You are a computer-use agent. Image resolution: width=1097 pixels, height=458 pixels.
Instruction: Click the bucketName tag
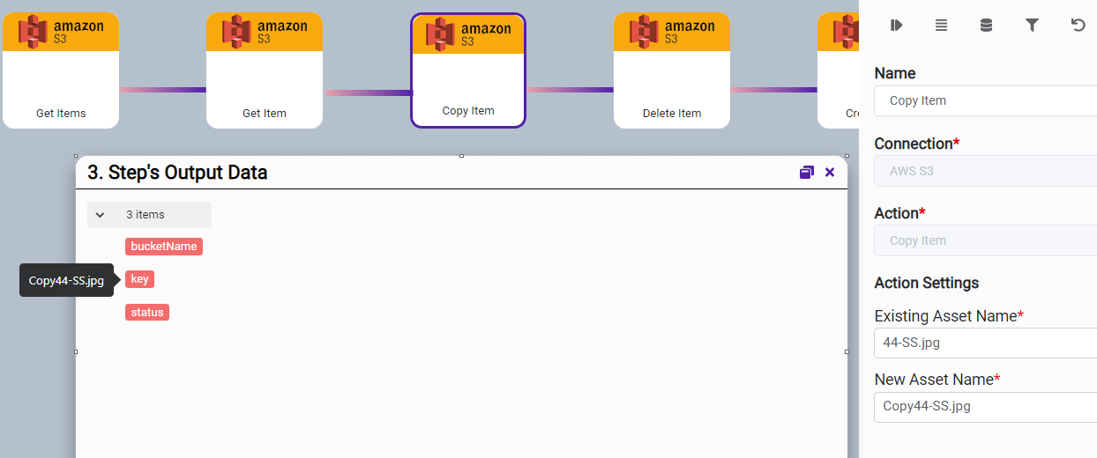click(x=164, y=247)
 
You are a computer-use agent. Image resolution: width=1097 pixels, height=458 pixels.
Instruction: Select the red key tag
click(x=139, y=279)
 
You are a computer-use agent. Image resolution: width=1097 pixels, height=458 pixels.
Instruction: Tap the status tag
click(x=147, y=313)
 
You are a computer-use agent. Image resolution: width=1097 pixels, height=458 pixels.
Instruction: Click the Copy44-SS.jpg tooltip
click(x=66, y=281)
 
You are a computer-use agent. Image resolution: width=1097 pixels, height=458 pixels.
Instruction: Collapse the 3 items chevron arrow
click(x=101, y=215)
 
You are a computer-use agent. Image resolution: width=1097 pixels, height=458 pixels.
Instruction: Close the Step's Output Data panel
click(x=830, y=173)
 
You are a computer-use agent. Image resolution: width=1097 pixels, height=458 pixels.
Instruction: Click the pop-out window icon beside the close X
click(x=806, y=173)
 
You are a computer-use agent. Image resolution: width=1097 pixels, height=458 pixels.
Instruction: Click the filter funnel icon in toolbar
click(x=1032, y=26)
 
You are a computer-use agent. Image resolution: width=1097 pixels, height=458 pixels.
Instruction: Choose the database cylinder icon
click(x=987, y=26)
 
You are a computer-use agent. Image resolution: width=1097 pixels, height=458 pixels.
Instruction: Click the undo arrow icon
click(x=1078, y=26)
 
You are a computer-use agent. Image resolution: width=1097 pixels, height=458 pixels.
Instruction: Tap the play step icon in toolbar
click(x=897, y=26)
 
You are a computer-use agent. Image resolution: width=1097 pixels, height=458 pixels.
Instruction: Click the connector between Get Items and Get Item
click(x=163, y=90)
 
